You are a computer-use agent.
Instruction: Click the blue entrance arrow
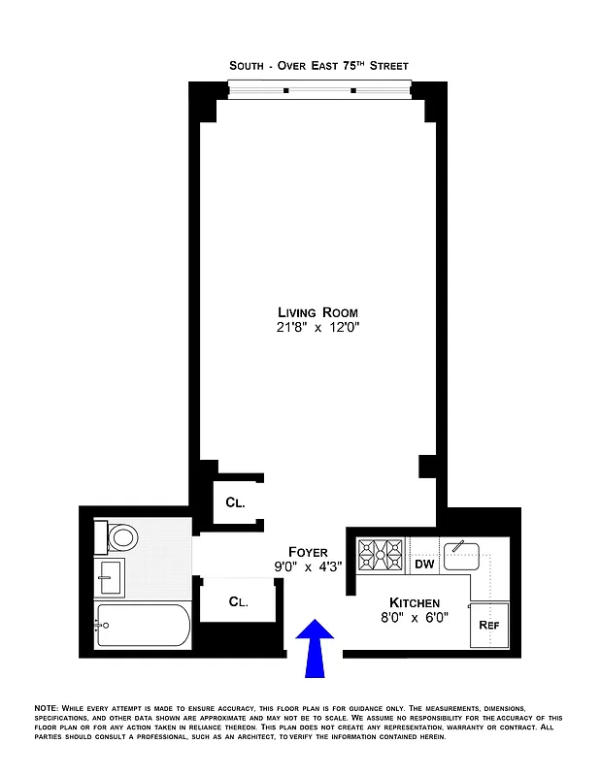point(315,648)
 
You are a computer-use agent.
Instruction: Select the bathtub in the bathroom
point(144,626)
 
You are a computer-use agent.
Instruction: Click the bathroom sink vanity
point(110,577)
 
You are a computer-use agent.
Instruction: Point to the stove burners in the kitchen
point(381,556)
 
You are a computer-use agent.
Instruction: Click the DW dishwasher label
point(424,564)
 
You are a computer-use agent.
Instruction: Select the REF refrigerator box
point(489,625)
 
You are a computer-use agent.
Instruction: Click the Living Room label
point(317,312)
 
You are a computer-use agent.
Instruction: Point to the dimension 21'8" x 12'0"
point(317,328)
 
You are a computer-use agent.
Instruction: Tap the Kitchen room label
point(415,602)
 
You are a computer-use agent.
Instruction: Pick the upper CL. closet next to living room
point(236,503)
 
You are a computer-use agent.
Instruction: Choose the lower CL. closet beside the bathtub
point(238,601)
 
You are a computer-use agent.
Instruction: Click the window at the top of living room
point(319,91)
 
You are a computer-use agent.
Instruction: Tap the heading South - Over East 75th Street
point(318,65)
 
